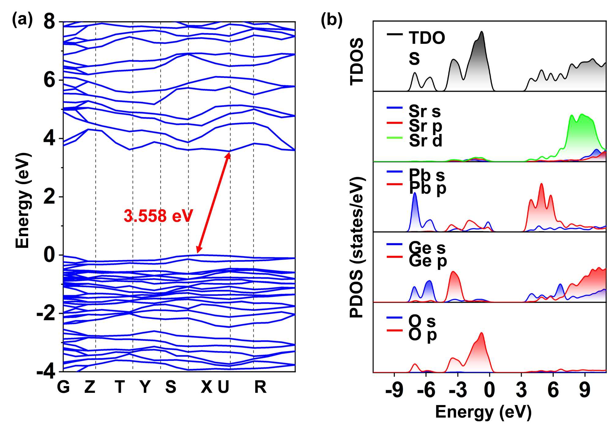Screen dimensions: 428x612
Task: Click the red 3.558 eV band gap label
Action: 158,216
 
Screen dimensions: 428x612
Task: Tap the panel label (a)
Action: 22,20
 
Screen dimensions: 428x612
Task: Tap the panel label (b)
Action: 331,20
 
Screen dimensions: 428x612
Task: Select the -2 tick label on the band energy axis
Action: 46,314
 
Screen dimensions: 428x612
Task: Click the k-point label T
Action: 120,387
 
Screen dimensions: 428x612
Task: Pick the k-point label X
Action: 206,387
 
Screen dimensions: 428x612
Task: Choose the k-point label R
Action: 260,387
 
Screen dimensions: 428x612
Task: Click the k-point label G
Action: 63,387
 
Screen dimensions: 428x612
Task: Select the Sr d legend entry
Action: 425,140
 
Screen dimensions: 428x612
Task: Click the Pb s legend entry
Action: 427,175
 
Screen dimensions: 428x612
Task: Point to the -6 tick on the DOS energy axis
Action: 426,390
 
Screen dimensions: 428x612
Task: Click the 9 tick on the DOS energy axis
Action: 584,390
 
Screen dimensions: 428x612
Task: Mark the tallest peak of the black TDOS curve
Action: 482,32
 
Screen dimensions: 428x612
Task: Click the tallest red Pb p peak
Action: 541,184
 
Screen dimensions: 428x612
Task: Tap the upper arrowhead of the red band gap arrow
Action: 229,154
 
